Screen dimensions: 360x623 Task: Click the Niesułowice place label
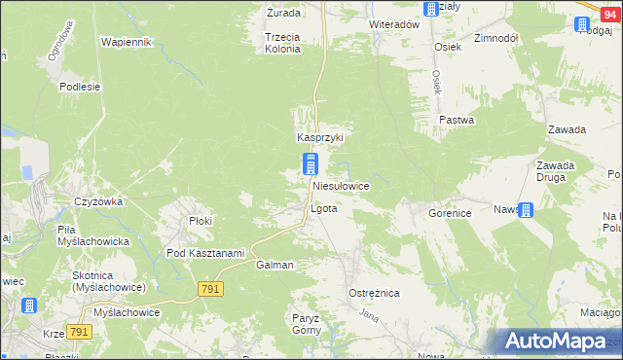(339, 185)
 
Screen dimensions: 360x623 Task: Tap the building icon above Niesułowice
(311, 163)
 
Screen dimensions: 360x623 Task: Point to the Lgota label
(323, 209)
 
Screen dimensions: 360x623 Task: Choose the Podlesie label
(80, 87)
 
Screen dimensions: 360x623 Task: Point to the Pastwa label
(456, 121)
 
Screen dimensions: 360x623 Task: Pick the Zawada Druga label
(555, 171)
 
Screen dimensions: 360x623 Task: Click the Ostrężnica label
(374, 293)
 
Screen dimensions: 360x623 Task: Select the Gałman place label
(275, 265)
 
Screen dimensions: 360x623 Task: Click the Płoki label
(201, 221)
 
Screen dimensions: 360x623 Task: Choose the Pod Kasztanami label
(204, 253)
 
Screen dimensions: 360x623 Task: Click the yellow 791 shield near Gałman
(210, 289)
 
